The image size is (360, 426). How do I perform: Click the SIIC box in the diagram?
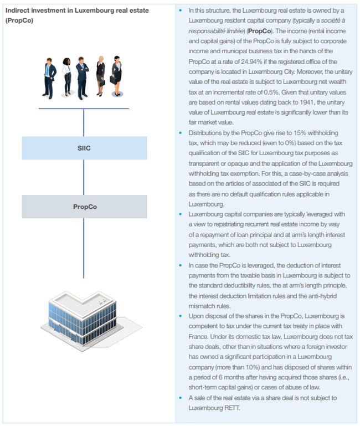pos(84,148)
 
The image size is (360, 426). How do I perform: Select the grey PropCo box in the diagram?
pos(84,207)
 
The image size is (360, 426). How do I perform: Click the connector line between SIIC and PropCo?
pos(84,177)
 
